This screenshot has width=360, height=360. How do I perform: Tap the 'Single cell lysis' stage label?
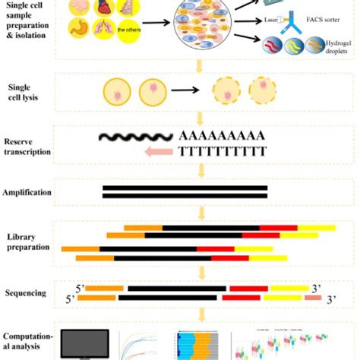coord(22,93)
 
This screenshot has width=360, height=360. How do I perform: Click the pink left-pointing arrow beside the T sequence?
coord(156,153)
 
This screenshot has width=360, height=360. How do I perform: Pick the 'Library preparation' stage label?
coord(27,241)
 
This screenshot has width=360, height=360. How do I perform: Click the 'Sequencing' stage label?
coord(27,293)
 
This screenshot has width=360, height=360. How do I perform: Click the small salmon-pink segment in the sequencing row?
coord(313,299)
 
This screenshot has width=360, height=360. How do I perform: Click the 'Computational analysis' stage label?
coord(30,341)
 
